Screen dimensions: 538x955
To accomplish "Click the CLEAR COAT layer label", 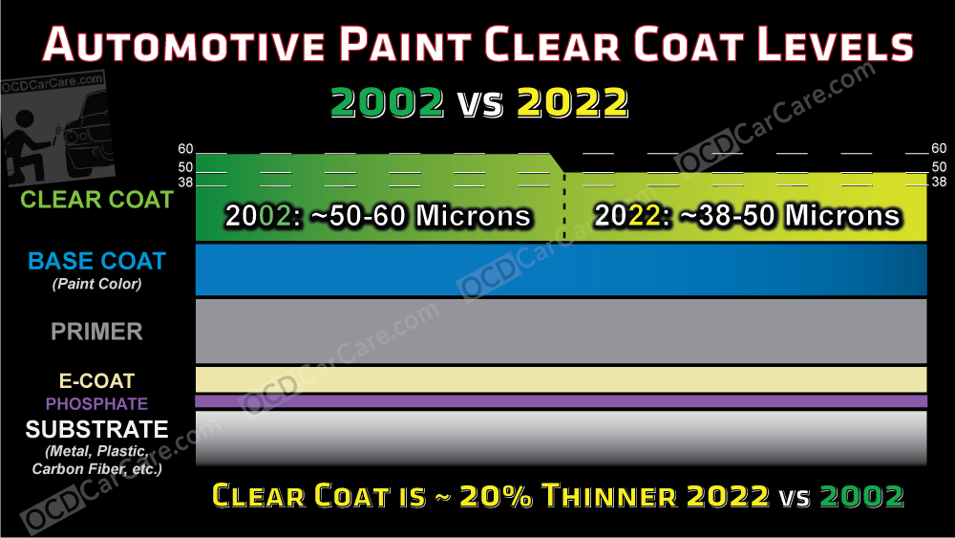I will point(97,200).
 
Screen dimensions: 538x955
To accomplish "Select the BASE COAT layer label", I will point(97,261).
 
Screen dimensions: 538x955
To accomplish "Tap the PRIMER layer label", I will point(97,332).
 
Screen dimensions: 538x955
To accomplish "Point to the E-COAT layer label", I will point(97,380).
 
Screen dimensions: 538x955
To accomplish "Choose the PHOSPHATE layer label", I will point(97,404).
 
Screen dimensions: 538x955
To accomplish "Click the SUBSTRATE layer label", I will point(97,429).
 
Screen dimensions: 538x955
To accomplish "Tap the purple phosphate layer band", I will point(562,401).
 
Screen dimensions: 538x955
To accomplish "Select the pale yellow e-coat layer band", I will point(562,379).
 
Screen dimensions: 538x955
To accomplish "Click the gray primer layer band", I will point(562,331).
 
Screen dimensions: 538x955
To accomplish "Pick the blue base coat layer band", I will point(562,269).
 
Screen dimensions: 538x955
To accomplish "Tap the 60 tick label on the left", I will point(185,148).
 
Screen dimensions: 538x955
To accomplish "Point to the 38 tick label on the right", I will point(939,182).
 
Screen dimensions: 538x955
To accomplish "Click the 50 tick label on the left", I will point(185,167).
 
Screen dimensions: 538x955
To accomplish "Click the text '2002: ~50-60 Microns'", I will point(378,216).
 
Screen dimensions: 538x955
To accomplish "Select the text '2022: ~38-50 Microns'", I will point(748,216).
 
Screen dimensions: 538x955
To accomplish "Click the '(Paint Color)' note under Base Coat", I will point(97,283).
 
